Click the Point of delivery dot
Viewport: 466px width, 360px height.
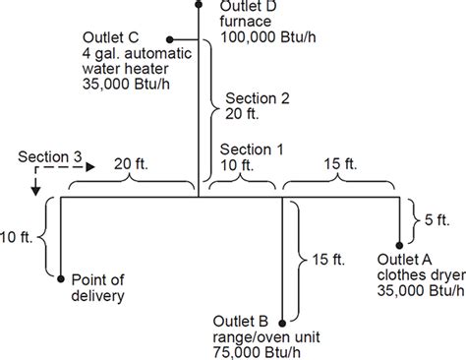coord(61,279)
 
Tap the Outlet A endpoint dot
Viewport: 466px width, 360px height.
coord(399,245)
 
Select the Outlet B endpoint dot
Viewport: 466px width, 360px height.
coord(282,324)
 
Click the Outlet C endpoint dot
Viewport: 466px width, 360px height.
coord(169,39)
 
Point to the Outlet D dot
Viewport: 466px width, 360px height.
coord(199,5)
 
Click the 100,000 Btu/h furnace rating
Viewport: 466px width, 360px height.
coord(268,37)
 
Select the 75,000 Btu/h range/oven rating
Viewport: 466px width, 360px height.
coord(257,352)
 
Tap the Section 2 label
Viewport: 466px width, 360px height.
coord(258,98)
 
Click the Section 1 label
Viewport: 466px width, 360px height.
coord(252,150)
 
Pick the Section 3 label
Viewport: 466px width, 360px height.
coord(50,156)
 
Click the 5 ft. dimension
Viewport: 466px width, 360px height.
coord(437,220)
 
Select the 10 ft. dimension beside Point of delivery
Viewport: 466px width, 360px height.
coord(17,237)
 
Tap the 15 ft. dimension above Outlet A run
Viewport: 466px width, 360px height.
coord(340,164)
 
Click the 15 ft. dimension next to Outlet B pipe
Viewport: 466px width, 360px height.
coord(328,260)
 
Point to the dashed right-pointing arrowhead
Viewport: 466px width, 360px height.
coord(90,167)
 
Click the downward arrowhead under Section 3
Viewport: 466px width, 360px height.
coord(35,191)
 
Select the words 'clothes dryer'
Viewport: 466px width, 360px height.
coord(422,275)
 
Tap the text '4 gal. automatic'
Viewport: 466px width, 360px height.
coord(137,53)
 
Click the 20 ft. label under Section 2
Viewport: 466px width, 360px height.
coord(242,114)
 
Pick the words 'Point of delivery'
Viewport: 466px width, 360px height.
coord(98,288)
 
